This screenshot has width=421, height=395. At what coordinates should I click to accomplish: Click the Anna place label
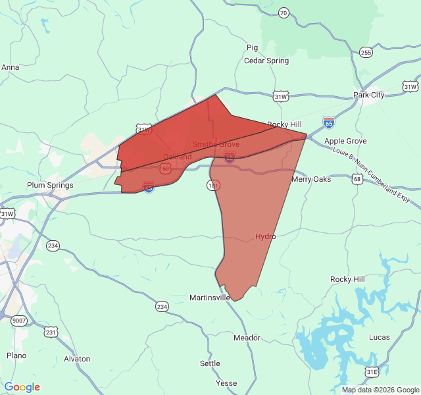pos(10,67)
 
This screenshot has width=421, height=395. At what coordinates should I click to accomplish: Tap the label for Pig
pos(252,47)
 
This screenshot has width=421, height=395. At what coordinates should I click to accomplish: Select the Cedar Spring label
pos(266,61)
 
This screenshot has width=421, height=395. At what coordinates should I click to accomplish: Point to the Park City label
pos(368,95)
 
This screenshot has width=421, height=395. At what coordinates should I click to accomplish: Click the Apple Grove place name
pos(345,141)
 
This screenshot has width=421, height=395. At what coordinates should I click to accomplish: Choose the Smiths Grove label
pos(216,144)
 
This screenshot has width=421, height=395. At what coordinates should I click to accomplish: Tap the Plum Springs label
pos(50,185)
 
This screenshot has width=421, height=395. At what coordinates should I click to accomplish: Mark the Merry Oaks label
pos(311,179)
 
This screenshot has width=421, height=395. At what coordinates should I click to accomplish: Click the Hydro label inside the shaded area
pos(265,236)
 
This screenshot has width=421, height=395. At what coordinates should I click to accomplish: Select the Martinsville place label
pos(210,298)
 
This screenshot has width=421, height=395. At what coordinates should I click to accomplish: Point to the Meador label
pos(247,338)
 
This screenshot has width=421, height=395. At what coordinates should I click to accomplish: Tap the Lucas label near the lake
pos(380,337)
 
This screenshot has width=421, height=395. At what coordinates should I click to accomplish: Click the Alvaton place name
pos(77,359)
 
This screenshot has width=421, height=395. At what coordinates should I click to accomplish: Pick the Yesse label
pos(226,383)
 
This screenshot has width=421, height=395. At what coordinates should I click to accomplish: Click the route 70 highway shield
pos(284,13)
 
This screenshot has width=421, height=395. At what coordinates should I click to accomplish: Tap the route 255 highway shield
pos(366,52)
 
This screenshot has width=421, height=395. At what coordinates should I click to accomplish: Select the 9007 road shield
pos(19,321)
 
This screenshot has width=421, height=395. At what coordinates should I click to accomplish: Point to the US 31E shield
pos(372,372)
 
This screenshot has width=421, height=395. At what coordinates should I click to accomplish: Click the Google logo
pos(22,387)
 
